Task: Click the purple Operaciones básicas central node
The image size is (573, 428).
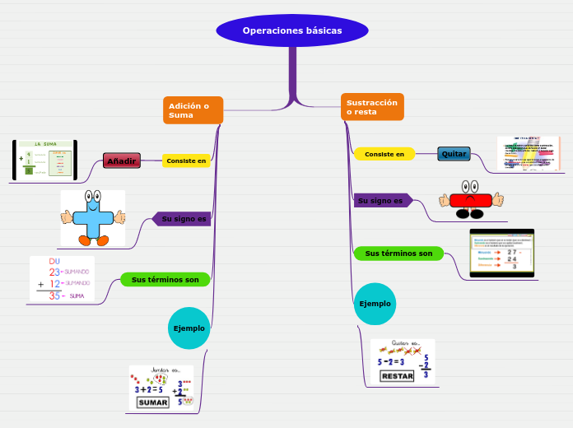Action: coord(291,30)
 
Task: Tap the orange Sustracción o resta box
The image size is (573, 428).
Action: coord(372,107)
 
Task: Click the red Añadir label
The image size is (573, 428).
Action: coord(122,160)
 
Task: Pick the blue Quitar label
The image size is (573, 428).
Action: coord(454,154)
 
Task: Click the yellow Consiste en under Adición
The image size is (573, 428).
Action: coord(186,160)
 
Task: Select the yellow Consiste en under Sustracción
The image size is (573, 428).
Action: coord(384,154)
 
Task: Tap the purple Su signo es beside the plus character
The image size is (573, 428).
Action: coord(182,219)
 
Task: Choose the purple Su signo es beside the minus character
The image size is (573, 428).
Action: coord(381,201)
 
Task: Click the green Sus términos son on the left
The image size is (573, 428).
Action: coord(165,280)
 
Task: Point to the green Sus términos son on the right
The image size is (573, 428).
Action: coord(398,254)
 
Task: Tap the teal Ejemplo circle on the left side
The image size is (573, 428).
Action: coord(189,328)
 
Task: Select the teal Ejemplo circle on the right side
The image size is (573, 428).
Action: coord(375,304)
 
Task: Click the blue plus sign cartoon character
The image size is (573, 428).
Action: coord(93,218)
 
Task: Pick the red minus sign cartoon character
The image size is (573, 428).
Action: coord(471,200)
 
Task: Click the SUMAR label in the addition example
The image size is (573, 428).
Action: coord(152,402)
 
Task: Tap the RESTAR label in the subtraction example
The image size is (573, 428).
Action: coord(397,376)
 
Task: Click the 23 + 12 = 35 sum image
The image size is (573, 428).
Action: coord(62,279)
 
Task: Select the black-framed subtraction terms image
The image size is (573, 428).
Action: coord(501,254)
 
